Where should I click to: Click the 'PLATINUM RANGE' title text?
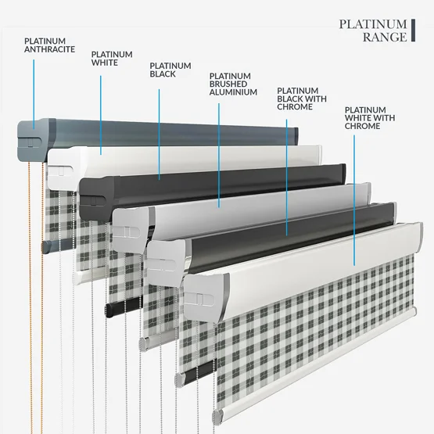[373, 30]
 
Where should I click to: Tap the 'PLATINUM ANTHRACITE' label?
[49, 45]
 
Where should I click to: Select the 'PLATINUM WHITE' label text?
[112, 59]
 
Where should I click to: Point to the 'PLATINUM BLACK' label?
[170, 70]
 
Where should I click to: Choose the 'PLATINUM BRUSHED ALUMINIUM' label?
[233, 84]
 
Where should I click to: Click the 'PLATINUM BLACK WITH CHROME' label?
[302, 99]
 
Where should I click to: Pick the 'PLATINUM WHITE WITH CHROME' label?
[370, 118]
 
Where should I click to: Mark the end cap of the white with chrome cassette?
[206, 298]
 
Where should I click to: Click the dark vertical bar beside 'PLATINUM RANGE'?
[413, 30]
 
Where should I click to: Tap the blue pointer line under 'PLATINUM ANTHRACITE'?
[34, 95]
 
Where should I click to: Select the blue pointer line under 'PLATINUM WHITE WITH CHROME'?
[354, 200]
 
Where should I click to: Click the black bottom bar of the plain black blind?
[124, 307]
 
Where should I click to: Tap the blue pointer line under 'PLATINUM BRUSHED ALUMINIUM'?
[219, 156]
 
